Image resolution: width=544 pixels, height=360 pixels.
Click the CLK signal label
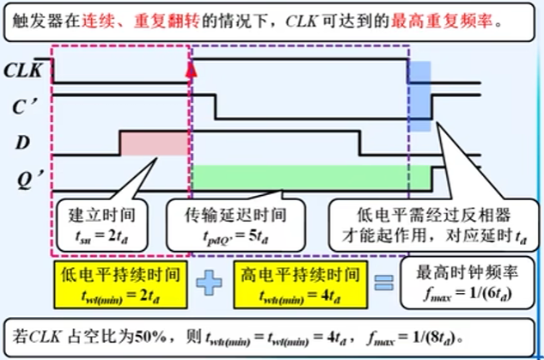point(24,71)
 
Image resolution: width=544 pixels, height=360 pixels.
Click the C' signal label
point(24,107)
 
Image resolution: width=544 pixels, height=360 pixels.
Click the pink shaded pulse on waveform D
point(153,142)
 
